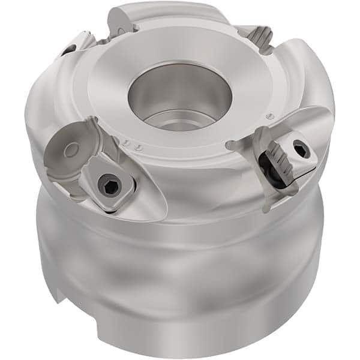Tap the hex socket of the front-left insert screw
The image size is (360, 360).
point(110,188)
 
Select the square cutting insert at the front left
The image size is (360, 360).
point(109,187)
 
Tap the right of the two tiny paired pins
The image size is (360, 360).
point(138,147)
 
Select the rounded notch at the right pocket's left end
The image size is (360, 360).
point(231,145)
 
